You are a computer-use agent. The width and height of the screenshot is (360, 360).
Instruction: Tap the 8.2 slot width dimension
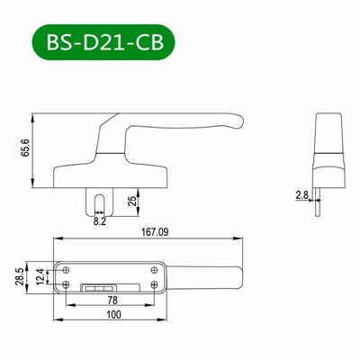coord(99,219)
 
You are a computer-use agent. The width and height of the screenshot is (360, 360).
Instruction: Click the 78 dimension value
coord(112,299)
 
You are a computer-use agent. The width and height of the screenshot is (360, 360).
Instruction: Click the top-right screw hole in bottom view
coord(155,269)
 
